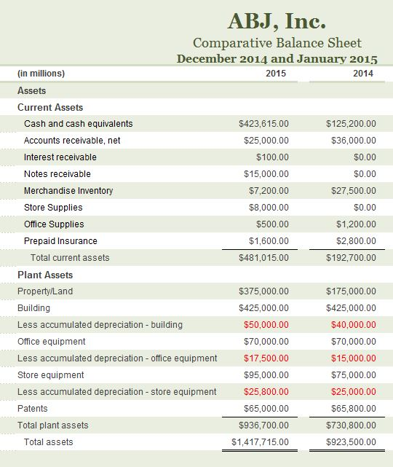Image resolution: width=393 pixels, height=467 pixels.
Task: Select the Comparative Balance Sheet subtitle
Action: coord(277,43)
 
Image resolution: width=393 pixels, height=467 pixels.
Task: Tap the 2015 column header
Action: coord(276,74)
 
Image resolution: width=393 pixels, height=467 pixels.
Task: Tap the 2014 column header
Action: coord(363,74)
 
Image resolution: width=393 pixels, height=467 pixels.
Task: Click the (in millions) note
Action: coord(41,74)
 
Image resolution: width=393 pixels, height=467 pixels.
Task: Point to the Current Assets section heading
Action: coord(50,107)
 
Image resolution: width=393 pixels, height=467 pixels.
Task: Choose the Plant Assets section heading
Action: coord(45,275)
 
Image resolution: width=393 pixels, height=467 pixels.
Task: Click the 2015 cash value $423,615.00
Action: coord(263,124)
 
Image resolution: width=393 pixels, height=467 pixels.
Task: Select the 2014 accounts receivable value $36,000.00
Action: coord(351,141)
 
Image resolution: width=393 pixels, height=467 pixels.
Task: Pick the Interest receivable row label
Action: coord(60,157)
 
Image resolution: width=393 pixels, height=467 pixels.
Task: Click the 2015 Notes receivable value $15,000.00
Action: coord(266,174)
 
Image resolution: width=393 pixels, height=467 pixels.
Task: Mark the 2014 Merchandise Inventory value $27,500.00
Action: coord(351,191)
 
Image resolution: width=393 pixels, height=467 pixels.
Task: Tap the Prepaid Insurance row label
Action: coord(60,241)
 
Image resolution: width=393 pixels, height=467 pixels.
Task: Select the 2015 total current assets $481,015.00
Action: coord(263,258)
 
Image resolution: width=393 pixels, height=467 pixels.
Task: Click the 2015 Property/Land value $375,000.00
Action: coord(263,291)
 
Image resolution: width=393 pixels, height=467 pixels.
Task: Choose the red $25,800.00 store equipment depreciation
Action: coord(266,392)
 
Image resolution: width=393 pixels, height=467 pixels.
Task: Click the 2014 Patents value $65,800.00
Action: coord(351,409)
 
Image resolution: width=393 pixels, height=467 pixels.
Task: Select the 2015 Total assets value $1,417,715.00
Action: coord(260,442)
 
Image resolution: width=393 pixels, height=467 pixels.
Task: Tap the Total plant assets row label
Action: coord(53,425)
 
